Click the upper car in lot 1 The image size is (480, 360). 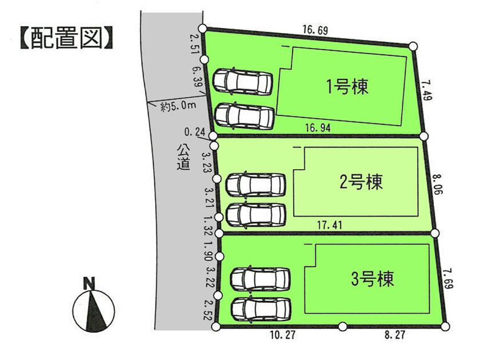pos(242,81)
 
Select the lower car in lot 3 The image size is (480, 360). pos(260,309)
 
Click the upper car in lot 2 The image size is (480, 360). pos(255,184)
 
